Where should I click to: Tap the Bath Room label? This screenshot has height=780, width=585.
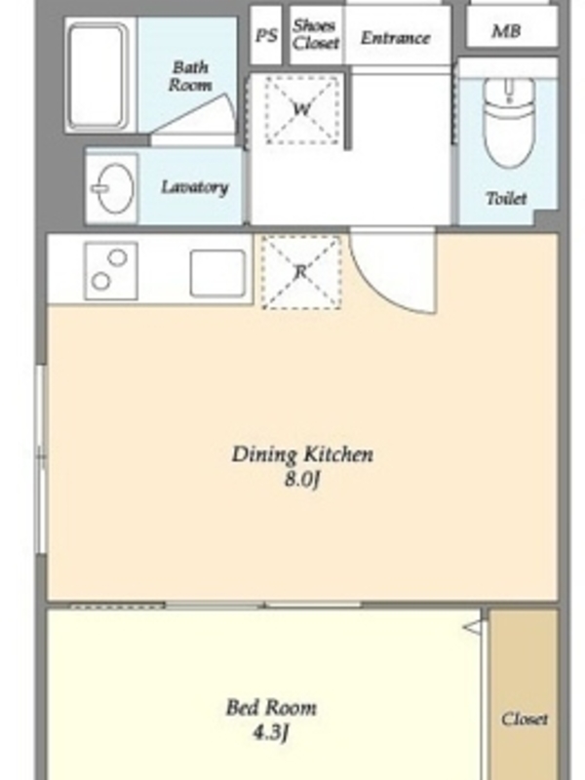pos(189,76)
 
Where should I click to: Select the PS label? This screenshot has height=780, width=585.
pos(266,36)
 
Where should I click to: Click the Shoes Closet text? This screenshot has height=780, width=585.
pos(315,35)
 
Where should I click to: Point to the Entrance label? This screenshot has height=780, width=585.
pos(396,38)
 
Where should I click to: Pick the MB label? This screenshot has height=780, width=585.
pos(506,31)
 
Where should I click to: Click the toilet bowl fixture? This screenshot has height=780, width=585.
pos(508,123)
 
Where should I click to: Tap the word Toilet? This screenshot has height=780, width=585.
pos(506,199)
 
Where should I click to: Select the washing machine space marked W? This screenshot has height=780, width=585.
pos(301,110)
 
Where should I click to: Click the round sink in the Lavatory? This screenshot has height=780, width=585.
pos(113,188)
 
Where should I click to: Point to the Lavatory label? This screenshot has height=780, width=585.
pos(194,187)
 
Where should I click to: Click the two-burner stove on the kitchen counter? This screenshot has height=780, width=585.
pos(111,271)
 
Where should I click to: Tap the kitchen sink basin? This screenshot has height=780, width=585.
pos(217,273)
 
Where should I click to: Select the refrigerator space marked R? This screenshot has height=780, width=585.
pos(301,273)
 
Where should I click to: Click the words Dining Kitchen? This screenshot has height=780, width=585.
pos(302,454)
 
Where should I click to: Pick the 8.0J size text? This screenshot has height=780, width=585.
pos(301,480)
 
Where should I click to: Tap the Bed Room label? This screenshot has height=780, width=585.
pos(271,708)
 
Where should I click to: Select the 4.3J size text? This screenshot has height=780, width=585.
pos(271,732)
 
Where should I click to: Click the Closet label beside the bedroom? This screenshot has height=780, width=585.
pos(525,720)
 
